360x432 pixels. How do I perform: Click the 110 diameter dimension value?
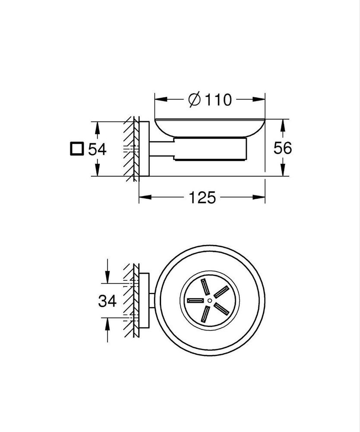coord(218,100)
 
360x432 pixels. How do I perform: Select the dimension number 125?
coord(202,197)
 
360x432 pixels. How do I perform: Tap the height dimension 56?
coord(283,148)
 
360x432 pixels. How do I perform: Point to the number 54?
coord(97,149)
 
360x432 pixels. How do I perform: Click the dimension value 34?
coord(107,301)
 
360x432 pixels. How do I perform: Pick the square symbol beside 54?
coord(76,149)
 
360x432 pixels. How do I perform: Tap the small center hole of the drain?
coord(210,300)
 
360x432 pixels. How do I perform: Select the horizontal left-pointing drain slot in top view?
coord(195,300)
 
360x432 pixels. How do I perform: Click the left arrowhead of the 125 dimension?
coord(145,197)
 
